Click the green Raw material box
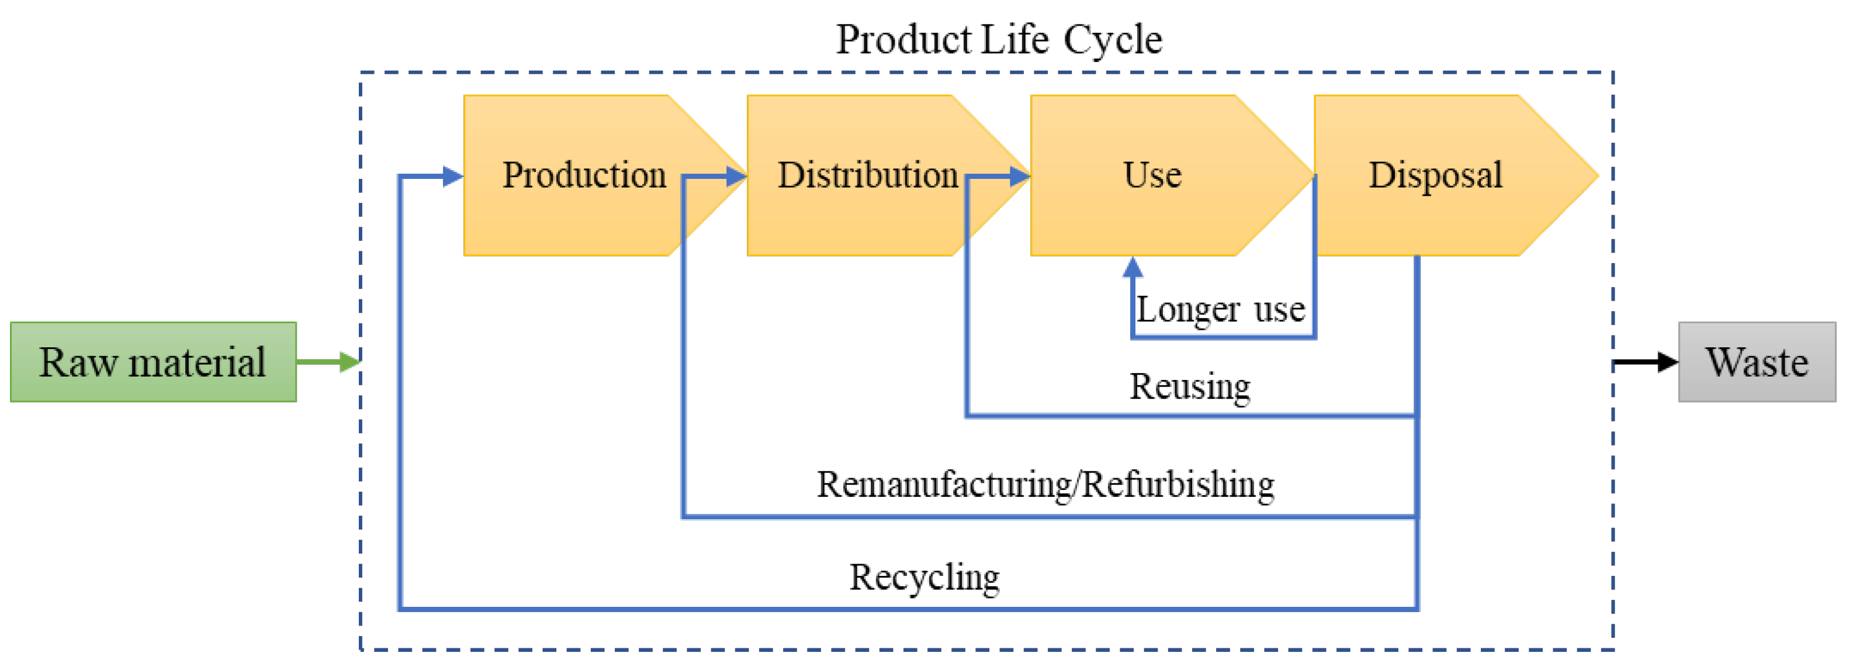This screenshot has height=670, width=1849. [153, 361]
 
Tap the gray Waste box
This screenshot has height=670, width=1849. [1757, 361]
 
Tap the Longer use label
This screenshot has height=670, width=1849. [1220, 309]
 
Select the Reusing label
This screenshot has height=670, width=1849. [1189, 386]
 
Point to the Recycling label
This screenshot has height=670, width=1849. [924, 576]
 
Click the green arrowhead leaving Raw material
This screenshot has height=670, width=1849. [349, 361]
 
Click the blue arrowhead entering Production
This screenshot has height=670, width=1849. [452, 176]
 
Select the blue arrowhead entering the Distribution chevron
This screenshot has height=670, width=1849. [736, 176]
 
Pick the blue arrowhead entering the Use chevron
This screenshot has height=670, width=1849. [1019, 176]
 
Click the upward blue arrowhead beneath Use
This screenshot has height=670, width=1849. [1133, 267]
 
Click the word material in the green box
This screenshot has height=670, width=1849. [197, 361]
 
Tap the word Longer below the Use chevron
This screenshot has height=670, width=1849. [1187, 309]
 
